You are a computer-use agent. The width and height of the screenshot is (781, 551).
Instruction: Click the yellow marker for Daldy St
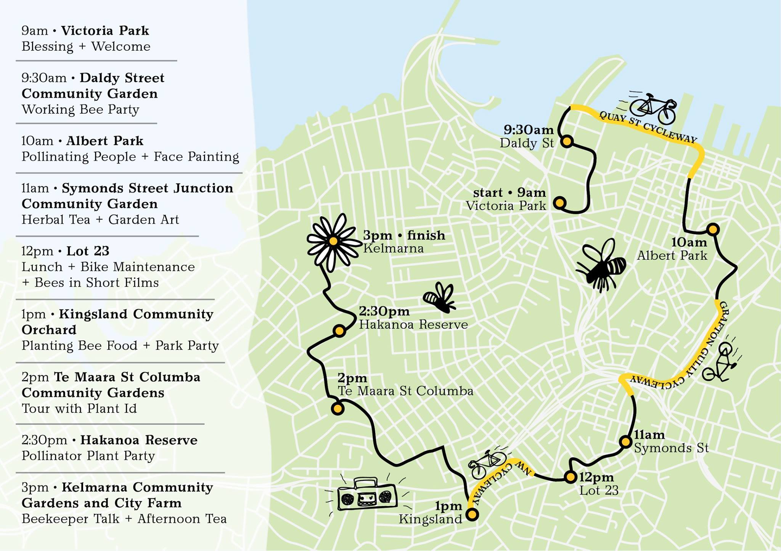tap(567, 142)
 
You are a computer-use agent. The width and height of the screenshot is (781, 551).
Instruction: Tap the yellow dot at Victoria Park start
tap(559, 203)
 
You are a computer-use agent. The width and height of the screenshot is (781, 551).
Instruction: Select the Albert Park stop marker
tap(713, 229)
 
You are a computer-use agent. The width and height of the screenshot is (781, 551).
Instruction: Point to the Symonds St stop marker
tap(626, 442)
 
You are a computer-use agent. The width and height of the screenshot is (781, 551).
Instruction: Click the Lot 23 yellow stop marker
tap(570, 477)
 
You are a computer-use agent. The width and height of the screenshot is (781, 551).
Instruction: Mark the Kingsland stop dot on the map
tap(472, 514)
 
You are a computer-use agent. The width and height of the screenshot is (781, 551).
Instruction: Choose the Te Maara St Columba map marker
tap(337, 409)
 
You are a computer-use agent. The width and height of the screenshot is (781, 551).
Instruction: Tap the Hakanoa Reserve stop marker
tap(339, 330)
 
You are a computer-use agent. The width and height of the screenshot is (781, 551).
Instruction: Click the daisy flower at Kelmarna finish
tap(333, 242)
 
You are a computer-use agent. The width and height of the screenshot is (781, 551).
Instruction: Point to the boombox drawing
tap(367, 495)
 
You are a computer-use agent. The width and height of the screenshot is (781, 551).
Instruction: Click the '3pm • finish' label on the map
tap(404, 235)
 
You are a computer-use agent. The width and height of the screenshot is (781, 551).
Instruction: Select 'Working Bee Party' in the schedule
tap(80, 110)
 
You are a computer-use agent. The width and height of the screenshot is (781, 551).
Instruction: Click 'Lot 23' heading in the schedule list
tap(88, 251)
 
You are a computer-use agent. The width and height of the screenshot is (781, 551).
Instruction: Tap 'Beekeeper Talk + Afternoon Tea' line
tap(124, 519)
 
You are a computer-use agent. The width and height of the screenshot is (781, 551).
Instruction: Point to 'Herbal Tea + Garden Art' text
tap(100, 220)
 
